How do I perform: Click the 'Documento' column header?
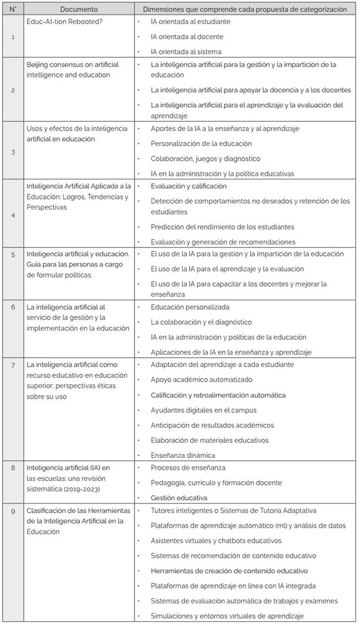[x=79, y=9]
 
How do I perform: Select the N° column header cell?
[x=13, y=9]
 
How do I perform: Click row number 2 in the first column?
[x=13, y=89]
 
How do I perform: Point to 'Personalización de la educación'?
[x=201, y=143]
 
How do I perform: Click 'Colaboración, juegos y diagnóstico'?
[x=205, y=158]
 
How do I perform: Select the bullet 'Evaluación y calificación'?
[x=188, y=186]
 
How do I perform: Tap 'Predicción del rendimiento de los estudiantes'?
[x=222, y=227]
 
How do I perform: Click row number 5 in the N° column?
[x=13, y=254]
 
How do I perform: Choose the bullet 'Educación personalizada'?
[x=190, y=307]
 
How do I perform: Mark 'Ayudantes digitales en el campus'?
[x=203, y=410]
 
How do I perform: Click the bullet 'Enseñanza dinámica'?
[x=183, y=455]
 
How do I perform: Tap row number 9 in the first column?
[x=13, y=511]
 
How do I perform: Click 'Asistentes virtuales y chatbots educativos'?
[x=216, y=541]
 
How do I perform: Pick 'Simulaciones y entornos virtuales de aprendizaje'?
[x=227, y=616]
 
